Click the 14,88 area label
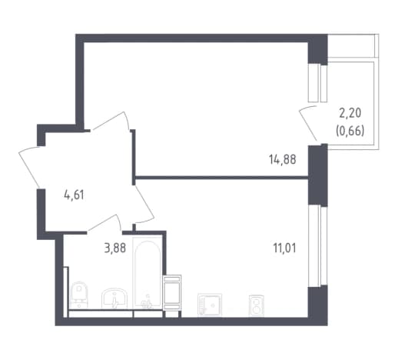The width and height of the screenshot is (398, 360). pyautogui.click(x=283, y=159)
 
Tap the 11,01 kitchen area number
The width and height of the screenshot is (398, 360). pyautogui.click(x=284, y=248)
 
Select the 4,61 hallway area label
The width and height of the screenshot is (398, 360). pyautogui.click(x=74, y=195)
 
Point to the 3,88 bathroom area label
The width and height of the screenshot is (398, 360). pyautogui.click(x=115, y=248)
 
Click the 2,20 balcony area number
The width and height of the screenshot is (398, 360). pyautogui.click(x=350, y=113)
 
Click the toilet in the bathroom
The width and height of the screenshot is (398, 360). pyautogui.click(x=79, y=295)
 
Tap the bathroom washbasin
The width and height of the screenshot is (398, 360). pyautogui.click(x=114, y=298)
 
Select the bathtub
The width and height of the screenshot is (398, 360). pyautogui.click(x=148, y=273)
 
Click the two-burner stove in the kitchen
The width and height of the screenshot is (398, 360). pyautogui.click(x=257, y=305)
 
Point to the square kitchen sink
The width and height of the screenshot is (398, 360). pyautogui.click(x=210, y=305)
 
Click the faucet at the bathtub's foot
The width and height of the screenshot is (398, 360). pyautogui.click(x=147, y=302)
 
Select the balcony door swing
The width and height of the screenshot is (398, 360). pyautogui.click(x=307, y=122)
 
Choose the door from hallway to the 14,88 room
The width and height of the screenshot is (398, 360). pyautogui.click(x=110, y=121)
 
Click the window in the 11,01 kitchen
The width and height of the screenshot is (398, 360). pyautogui.click(x=318, y=245)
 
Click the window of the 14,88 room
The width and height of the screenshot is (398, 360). pyautogui.click(x=318, y=83)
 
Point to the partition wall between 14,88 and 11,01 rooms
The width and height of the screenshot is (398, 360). pyautogui.click(x=221, y=177)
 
